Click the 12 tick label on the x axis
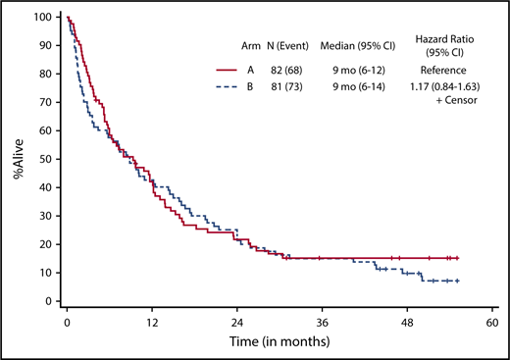(152, 320)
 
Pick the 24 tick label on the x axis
(237, 320)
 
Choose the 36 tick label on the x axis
(323, 320)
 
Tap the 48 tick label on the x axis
(407, 320)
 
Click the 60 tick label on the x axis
(492, 320)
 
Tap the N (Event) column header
(289, 46)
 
